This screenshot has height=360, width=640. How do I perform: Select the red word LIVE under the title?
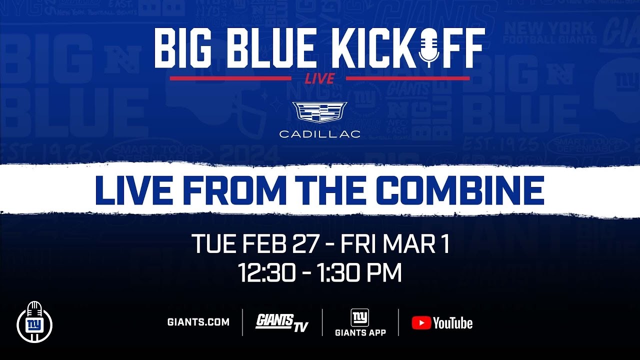(x=319, y=78)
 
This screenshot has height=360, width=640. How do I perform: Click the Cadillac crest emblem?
(x=319, y=112)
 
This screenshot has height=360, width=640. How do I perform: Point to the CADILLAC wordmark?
(x=319, y=134)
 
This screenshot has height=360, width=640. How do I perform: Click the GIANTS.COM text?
(x=198, y=322)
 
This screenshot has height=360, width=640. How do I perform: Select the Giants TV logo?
(x=282, y=322)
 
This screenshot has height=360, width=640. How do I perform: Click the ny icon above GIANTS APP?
(x=360, y=317)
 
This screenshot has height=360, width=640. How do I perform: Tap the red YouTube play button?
(x=421, y=323)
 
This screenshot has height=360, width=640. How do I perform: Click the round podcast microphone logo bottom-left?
(x=34, y=322)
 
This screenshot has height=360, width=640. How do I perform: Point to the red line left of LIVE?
(x=230, y=78)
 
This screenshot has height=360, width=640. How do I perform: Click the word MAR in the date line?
(x=408, y=244)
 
